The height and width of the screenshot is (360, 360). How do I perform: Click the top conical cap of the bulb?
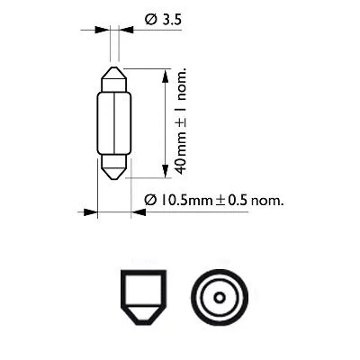click(x=113, y=76)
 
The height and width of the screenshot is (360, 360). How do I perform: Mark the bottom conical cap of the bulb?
click(x=113, y=168)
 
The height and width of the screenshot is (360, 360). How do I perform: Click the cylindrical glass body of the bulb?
click(x=113, y=122)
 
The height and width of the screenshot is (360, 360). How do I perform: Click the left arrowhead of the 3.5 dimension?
click(x=102, y=30)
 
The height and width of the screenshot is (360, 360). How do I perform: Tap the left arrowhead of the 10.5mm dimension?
click(x=90, y=213)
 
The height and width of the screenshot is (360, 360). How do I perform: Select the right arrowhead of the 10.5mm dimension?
click(x=137, y=213)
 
